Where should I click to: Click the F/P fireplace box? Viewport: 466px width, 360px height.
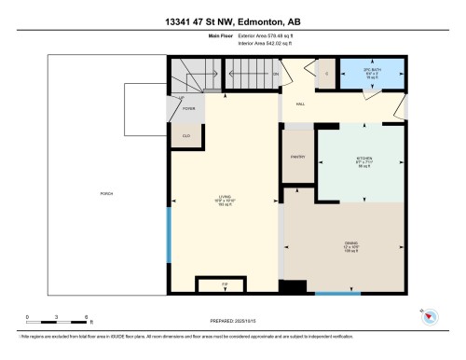(225, 284)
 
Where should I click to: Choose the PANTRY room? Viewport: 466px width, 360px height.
(298, 158)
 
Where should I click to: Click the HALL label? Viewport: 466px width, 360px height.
(301, 104)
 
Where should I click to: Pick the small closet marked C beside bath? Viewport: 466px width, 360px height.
(326, 73)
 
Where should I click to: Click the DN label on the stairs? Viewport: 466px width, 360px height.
(274, 75)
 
